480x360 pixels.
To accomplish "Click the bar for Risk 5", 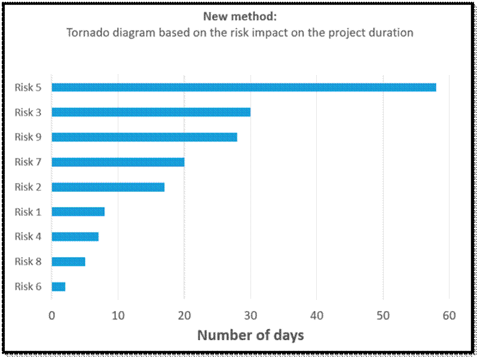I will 244,87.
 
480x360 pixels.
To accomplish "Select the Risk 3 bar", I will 151,112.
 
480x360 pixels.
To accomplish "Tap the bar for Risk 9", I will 145,137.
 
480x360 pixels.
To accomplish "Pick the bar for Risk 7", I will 118,161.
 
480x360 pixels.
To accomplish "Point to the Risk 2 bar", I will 108,187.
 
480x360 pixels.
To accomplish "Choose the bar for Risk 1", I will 78,212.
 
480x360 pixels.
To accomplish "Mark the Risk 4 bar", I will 75,237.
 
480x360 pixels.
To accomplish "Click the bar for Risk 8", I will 69,261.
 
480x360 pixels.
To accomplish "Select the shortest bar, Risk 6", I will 59,286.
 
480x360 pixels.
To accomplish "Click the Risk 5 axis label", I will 28,87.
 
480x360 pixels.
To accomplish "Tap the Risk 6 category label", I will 28,286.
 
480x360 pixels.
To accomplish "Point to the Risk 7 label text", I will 28,161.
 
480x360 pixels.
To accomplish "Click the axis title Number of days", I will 250,335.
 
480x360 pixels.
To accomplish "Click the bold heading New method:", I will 240,17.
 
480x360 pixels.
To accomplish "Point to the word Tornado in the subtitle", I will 86,33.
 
